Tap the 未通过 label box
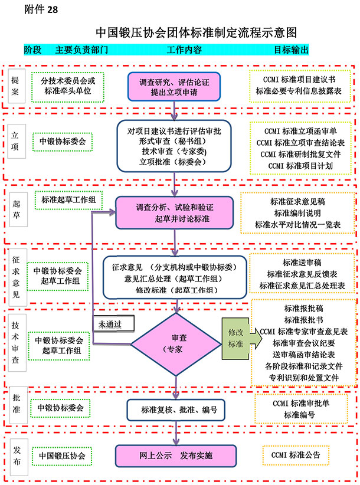[x=113, y=323]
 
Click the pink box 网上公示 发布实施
[x=176, y=455]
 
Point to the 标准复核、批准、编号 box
[x=176, y=409]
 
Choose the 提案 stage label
[x=16, y=87]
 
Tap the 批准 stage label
[x=16, y=407]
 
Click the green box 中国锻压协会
[x=62, y=455]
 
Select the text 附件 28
[x=41, y=10]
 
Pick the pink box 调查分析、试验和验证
[x=174, y=213]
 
